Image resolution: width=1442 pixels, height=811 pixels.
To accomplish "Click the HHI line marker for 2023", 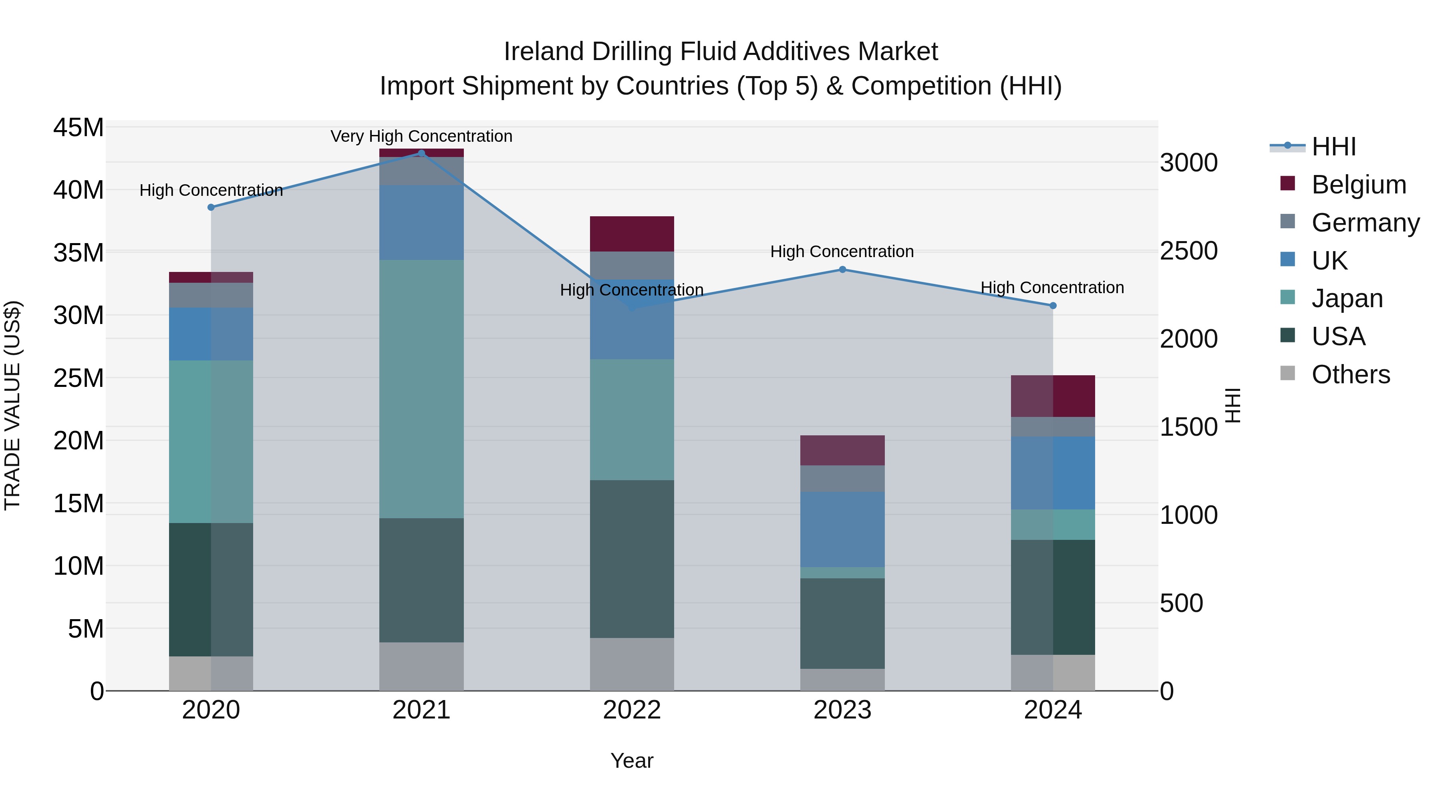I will click(842, 270).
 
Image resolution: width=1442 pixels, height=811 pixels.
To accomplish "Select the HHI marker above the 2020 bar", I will click(211, 207).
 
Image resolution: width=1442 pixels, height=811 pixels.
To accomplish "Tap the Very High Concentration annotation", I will click(421, 136).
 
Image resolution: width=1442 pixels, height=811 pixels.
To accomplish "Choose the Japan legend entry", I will click(1347, 298).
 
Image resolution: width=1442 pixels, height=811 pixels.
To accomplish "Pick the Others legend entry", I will click(1350, 374).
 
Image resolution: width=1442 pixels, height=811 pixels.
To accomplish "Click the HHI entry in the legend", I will click(1333, 147).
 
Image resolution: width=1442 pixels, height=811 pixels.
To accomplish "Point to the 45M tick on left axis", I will click(79, 128).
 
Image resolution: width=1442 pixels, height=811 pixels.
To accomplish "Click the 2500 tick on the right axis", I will click(1188, 251).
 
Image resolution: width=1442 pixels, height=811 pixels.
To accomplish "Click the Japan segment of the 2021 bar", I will click(421, 388).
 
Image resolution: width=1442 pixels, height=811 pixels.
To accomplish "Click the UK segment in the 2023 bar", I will click(842, 529).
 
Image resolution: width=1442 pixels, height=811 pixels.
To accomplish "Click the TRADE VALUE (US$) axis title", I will click(12, 405).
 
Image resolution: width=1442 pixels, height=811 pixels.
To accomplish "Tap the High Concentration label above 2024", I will click(1052, 288).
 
